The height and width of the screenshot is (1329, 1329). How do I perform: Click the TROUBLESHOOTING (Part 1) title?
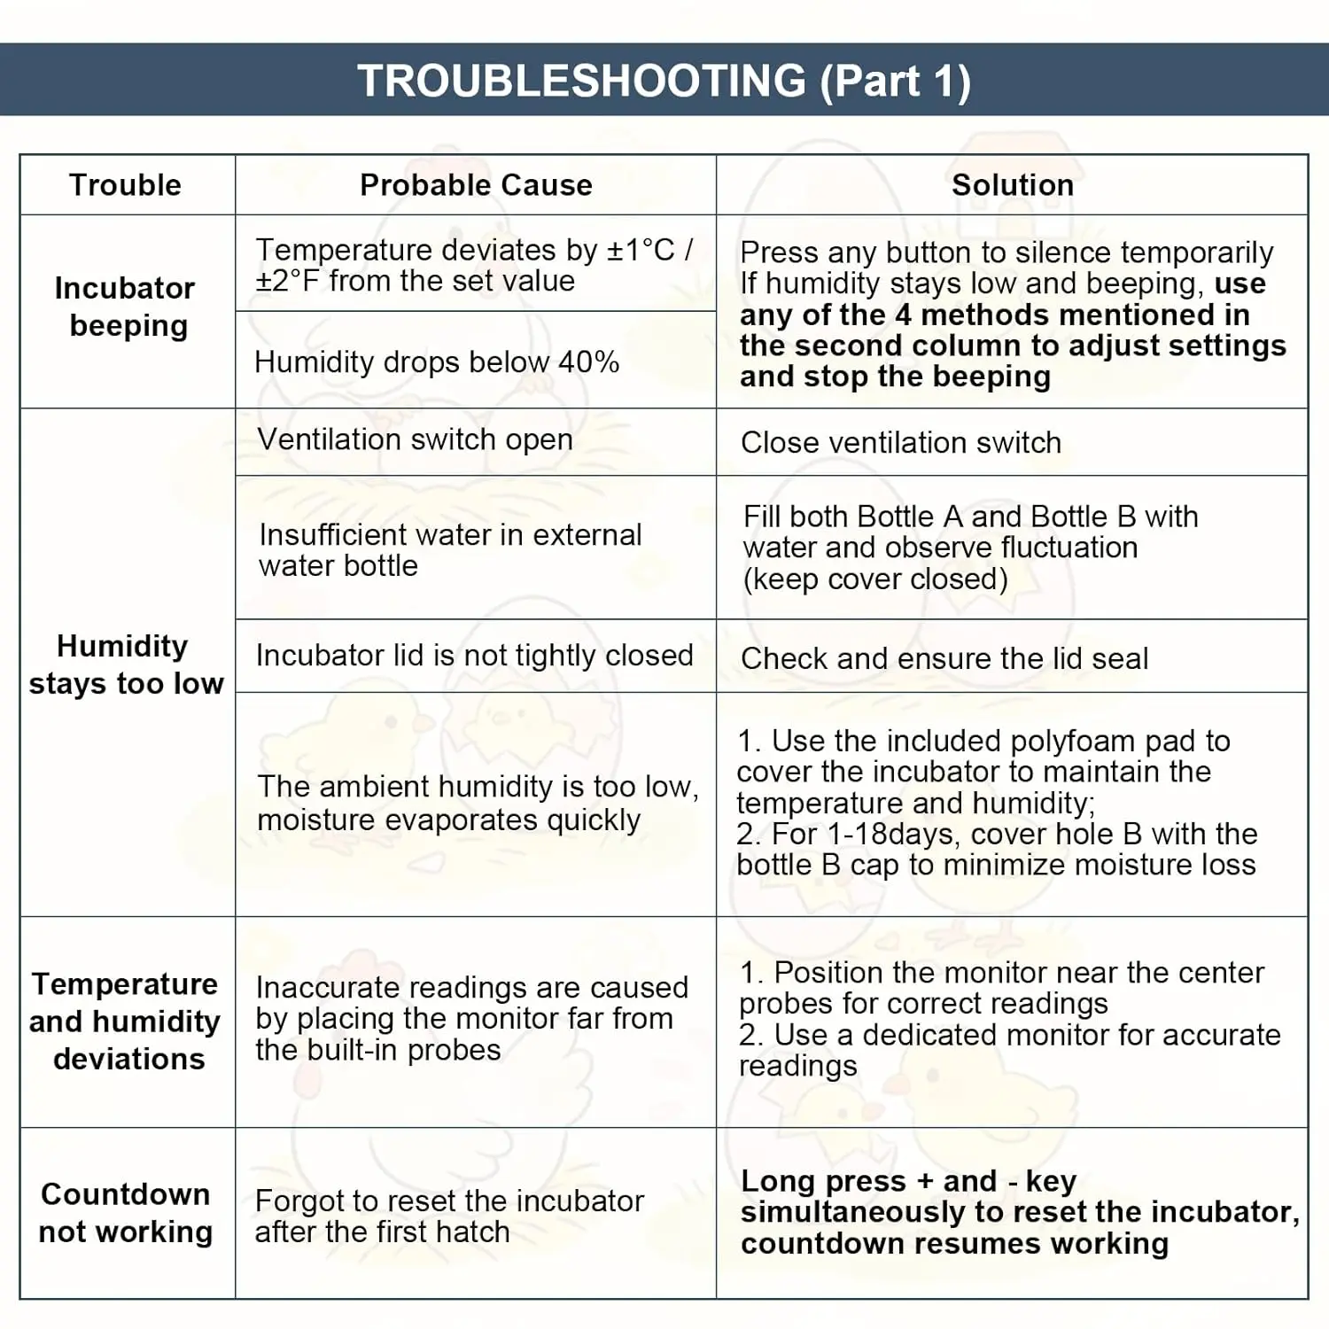pos(664,81)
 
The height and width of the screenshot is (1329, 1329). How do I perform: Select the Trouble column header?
pos(126,185)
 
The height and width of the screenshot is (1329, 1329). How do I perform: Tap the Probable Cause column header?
pos(476,185)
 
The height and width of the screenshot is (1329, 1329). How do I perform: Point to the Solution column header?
pos(1012,185)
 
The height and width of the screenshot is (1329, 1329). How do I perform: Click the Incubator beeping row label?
pos(126,307)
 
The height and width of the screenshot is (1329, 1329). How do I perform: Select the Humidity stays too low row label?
pos(126,664)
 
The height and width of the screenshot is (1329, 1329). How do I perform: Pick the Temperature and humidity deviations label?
pos(126,1022)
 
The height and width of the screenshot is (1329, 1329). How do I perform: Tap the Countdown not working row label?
pos(126,1213)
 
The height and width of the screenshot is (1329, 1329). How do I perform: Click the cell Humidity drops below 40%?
pos(436,362)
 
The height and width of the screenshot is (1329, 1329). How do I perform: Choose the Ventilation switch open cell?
pos(415,439)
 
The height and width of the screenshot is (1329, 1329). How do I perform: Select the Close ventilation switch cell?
pos(900,442)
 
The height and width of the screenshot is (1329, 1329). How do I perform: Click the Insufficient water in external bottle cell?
pos(450,550)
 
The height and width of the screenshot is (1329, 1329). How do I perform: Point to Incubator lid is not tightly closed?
pos(474,656)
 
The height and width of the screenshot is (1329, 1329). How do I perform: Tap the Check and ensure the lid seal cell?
pos(944,658)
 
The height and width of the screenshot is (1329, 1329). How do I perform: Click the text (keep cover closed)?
pos(875,579)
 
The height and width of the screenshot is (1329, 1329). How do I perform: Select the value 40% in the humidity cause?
pos(588,362)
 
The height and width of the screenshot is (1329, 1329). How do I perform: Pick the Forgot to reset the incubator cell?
pos(449,1216)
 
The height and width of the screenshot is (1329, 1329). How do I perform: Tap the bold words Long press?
pos(823,1181)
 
